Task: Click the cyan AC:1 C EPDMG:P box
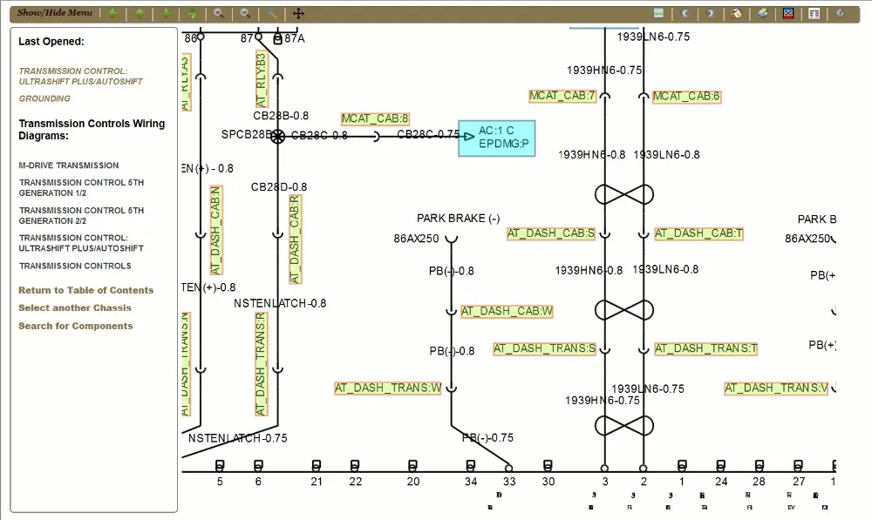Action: click(x=497, y=138)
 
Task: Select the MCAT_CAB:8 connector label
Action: click(x=375, y=118)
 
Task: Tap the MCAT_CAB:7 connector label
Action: click(x=562, y=96)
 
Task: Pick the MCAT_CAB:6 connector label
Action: click(x=686, y=96)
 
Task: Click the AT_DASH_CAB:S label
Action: click(x=551, y=233)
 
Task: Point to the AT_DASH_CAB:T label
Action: click(x=698, y=233)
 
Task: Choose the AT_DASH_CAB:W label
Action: click(x=508, y=311)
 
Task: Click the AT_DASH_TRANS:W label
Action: click(x=388, y=388)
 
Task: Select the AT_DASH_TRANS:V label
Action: click(x=776, y=388)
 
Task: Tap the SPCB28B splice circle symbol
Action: click(x=277, y=136)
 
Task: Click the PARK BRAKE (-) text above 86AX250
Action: click(x=458, y=219)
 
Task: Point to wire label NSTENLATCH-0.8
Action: click(x=280, y=303)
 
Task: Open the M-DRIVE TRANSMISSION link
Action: click(x=69, y=165)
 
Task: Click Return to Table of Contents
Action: click(x=85, y=290)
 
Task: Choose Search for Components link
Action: click(x=76, y=326)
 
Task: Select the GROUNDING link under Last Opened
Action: click(x=44, y=99)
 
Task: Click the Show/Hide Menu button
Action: click(x=54, y=13)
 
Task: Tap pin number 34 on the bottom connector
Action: click(x=471, y=481)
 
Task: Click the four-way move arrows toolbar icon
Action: click(x=298, y=14)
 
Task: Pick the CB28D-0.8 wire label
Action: click(x=279, y=186)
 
